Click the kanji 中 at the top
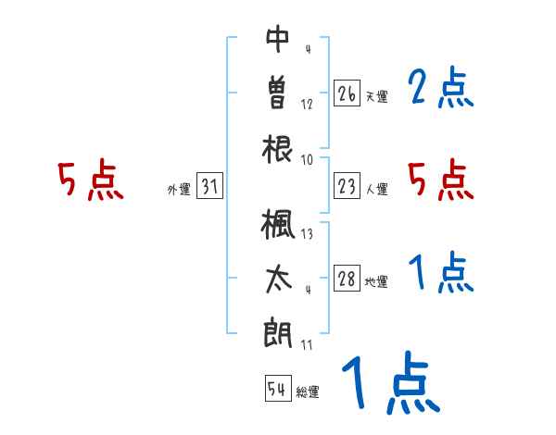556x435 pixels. (x=278, y=38)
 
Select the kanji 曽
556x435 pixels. (x=278, y=93)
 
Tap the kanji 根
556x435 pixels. (x=278, y=148)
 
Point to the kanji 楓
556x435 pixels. (x=278, y=224)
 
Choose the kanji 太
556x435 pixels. (x=278, y=280)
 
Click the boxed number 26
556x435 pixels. (x=347, y=93)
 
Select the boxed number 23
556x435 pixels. (x=347, y=187)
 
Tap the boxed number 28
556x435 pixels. (x=347, y=280)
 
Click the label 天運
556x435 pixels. (x=377, y=96)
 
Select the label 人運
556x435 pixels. (x=377, y=190)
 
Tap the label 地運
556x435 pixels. (x=377, y=282)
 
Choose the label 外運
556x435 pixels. (x=179, y=190)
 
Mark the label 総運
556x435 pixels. (x=308, y=392)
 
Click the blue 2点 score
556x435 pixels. (x=441, y=90)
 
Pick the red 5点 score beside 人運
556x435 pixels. (x=441, y=180)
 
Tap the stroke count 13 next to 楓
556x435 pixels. (x=307, y=234)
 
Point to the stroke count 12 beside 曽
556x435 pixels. (x=307, y=104)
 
